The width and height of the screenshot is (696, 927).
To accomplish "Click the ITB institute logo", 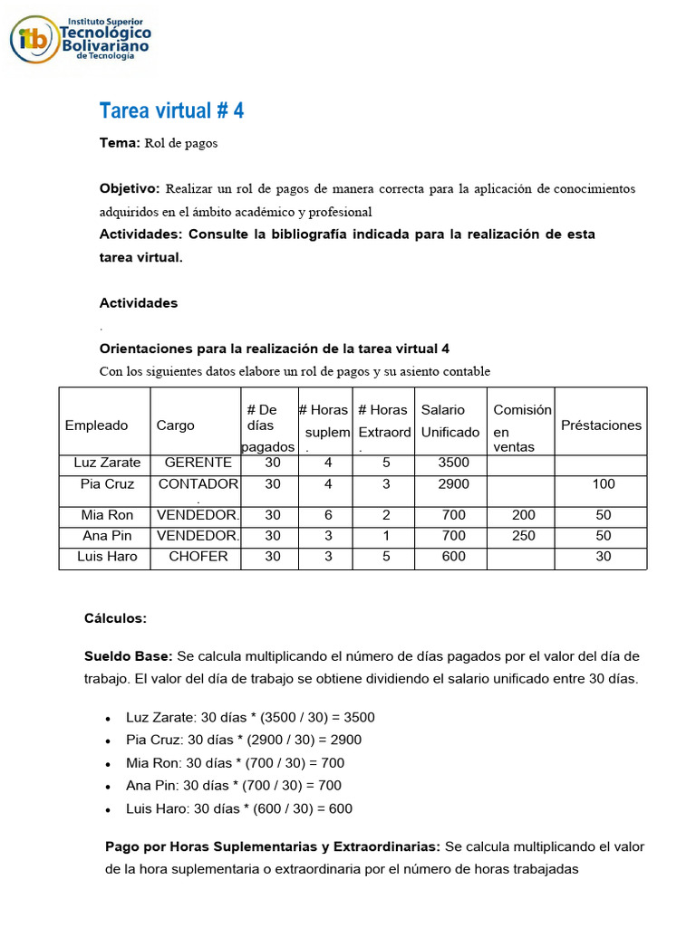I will (x=80, y=38).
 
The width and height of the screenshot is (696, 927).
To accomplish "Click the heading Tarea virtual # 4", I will (x=171, y=110).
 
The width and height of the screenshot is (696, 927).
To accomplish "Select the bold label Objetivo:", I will (x=129, y=188).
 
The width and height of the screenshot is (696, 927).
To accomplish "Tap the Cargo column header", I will (x=175, y=425).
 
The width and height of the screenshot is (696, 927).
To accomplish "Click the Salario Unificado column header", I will (x=449, y=421).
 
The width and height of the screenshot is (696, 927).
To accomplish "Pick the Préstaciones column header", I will (x=601, y=425).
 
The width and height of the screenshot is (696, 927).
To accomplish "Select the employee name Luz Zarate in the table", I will (x=107, y=463).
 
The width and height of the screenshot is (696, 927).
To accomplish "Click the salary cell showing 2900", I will (x=453, y=484).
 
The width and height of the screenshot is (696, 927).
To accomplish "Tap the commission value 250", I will (x=524, y=536).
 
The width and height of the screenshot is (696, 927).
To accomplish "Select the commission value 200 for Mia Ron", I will (x=524, y=515).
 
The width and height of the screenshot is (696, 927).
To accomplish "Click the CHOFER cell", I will (x=198, y=557).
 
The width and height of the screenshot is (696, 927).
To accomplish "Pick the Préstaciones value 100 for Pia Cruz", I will (x=603, y=484).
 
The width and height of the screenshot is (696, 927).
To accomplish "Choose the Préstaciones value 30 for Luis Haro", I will (x=603, y=557).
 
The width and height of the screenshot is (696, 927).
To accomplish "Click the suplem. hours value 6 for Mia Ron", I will (x=328, y=515).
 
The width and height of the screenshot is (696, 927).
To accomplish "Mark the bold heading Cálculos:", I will (x=115, y=618).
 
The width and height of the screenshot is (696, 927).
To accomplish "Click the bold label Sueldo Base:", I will (x=128, y=655).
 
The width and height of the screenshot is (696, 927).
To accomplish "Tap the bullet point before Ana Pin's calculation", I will (x=107, y=787).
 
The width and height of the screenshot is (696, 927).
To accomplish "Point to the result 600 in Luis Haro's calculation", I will (x=341, y=808).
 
